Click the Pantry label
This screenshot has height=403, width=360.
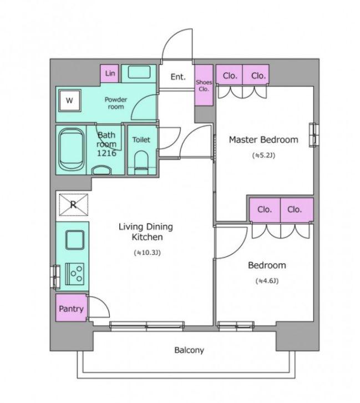[x=71, y=309]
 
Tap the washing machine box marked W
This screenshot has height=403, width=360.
[x=70, y=100]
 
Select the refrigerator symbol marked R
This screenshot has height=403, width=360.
[x=73, y=205]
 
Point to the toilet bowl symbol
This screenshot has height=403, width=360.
[x=141, y=163]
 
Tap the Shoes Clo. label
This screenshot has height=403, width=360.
[x=204, y=85]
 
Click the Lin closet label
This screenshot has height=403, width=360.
[x=110, y=73]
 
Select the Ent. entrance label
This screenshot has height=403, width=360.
[x=178, y=77]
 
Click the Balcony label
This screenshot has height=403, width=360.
[x=189, y=350]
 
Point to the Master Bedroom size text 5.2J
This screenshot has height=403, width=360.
[x=263, y=155]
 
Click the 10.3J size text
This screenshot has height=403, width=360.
[x=147, y=253]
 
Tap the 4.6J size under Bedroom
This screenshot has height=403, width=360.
[x=267, y=281]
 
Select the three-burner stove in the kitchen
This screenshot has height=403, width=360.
[x=75, y=274]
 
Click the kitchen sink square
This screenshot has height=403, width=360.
[x=75, y=240]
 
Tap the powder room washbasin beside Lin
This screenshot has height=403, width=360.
[x=139, y=72]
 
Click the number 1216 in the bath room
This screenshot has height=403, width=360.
[x=107, y=153]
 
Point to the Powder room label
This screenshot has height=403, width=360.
[x=116, y=103]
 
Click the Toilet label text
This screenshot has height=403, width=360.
[x=141, y=140]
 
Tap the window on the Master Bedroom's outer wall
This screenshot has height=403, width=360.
[x=314, y=135]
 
